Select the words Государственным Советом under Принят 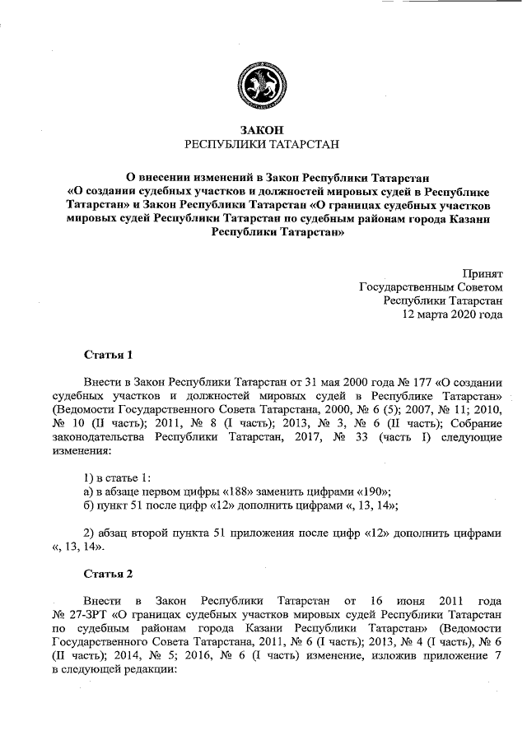tap(431, 287)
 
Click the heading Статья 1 tap(108, 356)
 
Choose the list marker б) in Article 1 tap(90, 504)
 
